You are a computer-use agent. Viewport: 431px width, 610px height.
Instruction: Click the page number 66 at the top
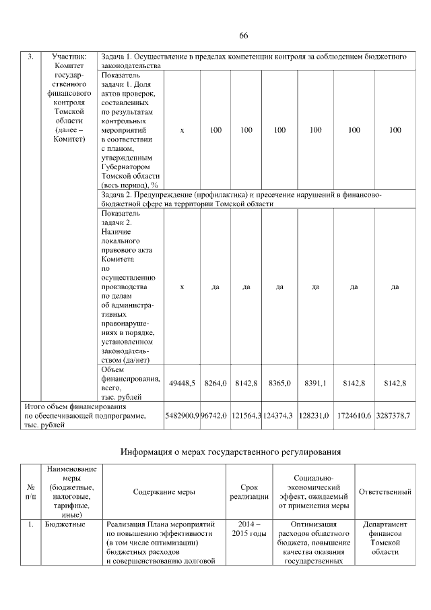[244, 36]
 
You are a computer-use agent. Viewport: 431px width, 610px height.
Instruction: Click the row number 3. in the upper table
[30, 57]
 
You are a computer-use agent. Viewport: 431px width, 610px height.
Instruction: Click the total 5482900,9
[182, 416]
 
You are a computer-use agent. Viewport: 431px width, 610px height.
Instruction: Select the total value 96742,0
[214, 416]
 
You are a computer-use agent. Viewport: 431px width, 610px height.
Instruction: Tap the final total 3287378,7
[394, 416]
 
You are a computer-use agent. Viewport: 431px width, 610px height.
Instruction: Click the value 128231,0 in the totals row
[315, 416]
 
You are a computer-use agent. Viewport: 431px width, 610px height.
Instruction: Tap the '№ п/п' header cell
[31, 491]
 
